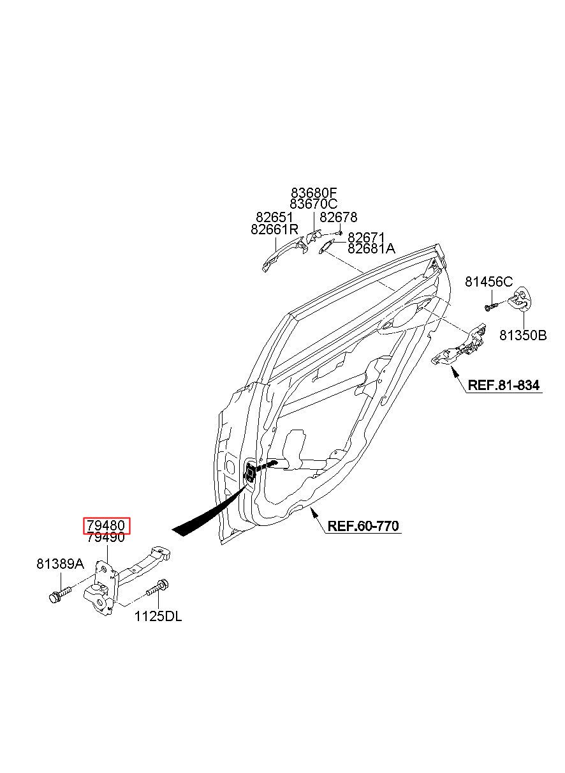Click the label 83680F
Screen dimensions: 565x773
pos(314,192)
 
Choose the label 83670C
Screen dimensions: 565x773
pos(314,204)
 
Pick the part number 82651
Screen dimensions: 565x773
pos(274,218)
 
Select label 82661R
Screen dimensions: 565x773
pos(274,229)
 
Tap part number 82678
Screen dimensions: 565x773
pos(339,217)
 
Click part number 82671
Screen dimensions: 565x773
pos(366,237)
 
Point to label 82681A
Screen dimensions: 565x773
pos(371,248)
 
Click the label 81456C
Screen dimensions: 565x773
pos(489,281)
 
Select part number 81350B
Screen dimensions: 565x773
pos(524,335)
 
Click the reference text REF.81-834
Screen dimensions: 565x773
pos(504,385)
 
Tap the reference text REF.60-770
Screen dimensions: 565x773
pos(363,525)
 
